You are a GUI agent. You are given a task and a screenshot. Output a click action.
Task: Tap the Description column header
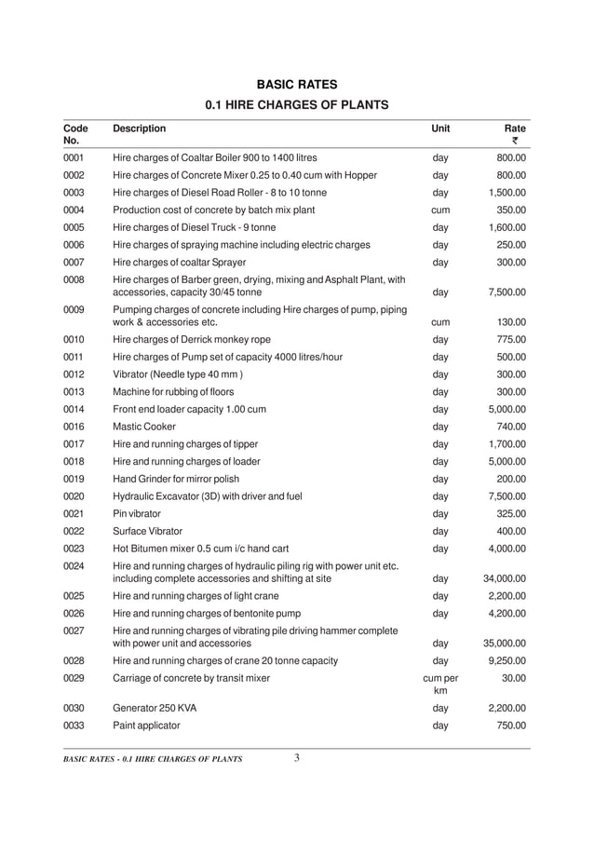pos(139,128)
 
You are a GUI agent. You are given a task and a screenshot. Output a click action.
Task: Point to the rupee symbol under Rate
pos(514,142)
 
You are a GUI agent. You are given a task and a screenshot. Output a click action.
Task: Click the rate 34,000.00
pos(504,578)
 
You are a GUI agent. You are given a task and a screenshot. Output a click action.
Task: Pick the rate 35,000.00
pos(504,643)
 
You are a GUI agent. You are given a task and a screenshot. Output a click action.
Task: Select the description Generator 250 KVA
pos(155,708)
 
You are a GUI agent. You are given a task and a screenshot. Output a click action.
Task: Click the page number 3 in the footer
pos(296,757)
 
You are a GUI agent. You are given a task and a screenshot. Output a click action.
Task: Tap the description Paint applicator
pos(146,726)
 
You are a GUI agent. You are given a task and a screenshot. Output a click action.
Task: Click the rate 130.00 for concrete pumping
pos(510,321)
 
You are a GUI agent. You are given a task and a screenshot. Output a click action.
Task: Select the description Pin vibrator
pos(136,513)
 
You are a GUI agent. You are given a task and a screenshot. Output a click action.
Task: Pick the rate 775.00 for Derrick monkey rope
pos(510,339)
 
